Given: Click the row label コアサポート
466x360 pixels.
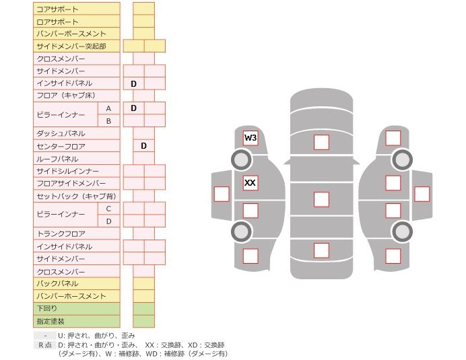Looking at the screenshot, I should click(57, 9).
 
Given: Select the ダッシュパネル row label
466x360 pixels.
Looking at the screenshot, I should click(61, 133).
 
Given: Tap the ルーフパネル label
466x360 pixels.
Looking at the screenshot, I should click(57, 159).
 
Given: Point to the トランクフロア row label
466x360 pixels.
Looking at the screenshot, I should click(61, 233).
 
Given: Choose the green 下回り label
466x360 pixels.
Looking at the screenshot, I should click(47, 308).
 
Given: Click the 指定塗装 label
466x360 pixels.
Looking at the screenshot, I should click(51, 321).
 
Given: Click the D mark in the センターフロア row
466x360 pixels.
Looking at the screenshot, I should click(143, 146).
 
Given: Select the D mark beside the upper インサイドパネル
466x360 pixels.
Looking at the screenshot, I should click(133, 83).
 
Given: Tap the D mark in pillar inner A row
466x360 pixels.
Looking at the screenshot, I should click(133, 108).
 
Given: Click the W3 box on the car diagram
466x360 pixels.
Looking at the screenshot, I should click(251, 138).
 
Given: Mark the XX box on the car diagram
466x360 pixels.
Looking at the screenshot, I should click(251, 182).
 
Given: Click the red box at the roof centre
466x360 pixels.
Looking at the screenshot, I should click(321, 199).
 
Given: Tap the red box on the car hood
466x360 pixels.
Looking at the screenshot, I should click(321, 142).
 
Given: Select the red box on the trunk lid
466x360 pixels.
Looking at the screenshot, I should click(321, 250).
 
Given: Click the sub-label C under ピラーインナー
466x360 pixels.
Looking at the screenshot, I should click(108, 209).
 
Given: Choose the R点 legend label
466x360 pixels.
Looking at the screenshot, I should click(45, 345).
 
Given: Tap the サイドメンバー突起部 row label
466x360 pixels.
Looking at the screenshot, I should click(71, 46).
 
